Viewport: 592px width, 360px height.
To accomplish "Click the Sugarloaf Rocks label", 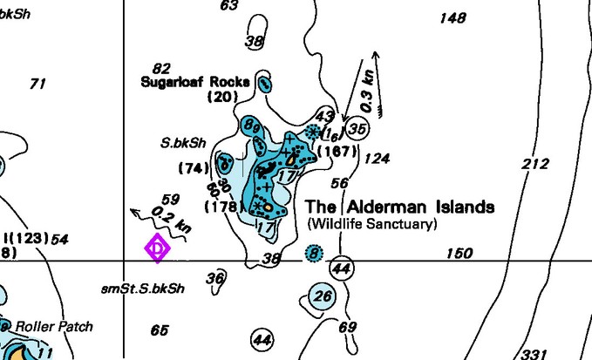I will click(x=195, y=82).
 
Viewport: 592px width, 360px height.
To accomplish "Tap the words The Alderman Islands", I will click(x=400, y=207).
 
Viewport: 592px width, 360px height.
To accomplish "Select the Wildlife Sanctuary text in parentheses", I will click(x=372, y=224).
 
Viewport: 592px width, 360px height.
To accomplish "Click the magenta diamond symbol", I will click(x=157, y=248).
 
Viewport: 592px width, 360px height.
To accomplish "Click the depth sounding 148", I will click(x=453, y=17).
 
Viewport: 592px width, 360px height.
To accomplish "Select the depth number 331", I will click(x=533, y=353).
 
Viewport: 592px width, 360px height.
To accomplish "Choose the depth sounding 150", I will click(x=459, y=254).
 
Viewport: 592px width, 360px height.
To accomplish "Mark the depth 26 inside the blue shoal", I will click(x=323, y=296).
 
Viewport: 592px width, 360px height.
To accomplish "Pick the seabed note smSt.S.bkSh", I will click(x=142, y=288).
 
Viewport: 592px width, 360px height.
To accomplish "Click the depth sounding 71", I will click(x=37, y=84).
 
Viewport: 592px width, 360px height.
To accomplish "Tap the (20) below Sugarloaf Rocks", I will click(x=223, y=97).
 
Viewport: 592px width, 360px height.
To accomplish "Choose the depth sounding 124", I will click(x=377, y=159).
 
